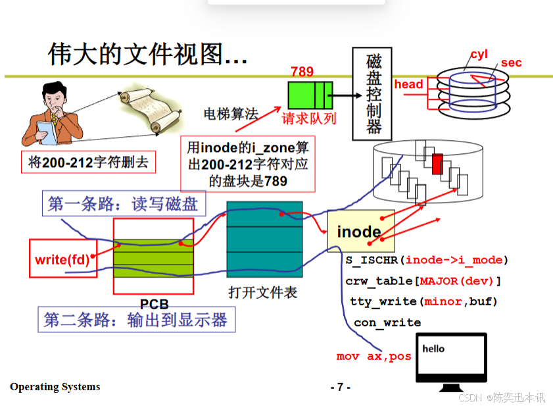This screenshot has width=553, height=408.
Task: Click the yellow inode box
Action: [360, 231]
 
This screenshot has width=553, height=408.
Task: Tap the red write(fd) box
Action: [63, 259]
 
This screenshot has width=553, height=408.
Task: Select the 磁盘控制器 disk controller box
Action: [373, 93]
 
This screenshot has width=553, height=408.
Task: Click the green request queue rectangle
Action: [310, 95]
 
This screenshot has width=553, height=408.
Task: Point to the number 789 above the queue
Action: [302, 72]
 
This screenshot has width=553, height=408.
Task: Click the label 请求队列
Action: [309, 118]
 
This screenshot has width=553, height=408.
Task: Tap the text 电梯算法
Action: [230, 113]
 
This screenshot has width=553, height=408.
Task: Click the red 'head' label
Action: [408, 84]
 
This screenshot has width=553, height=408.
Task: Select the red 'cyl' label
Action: [479, 55]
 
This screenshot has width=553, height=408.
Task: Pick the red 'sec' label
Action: [511, 63]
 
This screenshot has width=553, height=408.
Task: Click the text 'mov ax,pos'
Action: [373, 356]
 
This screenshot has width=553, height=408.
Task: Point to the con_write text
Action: [387, 322]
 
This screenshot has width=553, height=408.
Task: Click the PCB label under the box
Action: [154, 305]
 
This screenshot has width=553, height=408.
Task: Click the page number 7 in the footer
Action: [340, 387]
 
